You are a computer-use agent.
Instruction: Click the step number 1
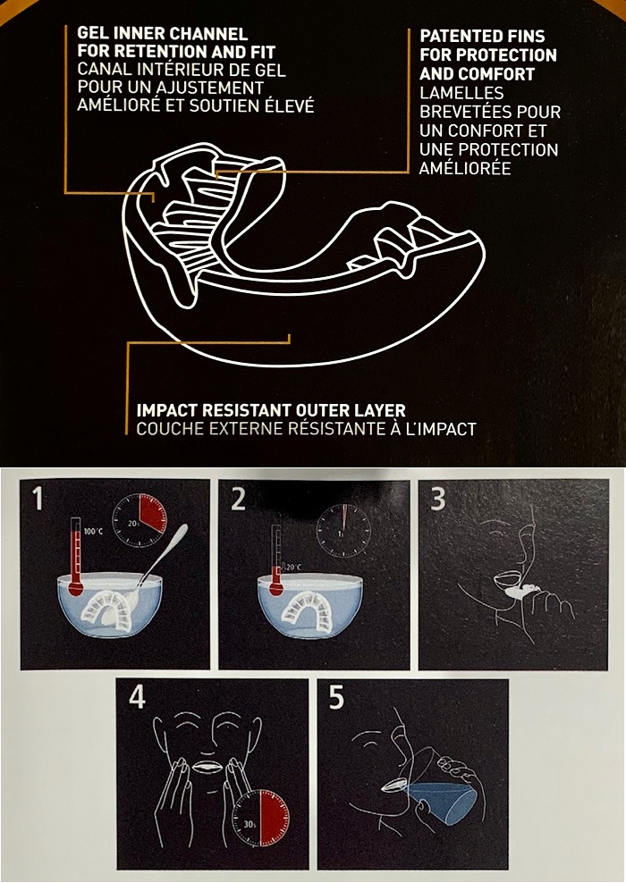pos(38,498)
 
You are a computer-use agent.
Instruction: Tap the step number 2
pos(239,498)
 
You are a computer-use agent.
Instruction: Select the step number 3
pos(438,498)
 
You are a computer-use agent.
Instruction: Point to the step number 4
pos(137,698)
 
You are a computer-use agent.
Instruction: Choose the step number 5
pos(336,698)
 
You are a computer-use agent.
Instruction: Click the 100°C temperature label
pos(93,532)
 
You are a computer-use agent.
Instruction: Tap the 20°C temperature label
pos(293,568)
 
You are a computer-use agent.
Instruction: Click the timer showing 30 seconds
pos(261,819)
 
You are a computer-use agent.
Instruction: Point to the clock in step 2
pos(343,532)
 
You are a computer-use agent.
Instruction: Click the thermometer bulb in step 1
pos(75,589)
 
